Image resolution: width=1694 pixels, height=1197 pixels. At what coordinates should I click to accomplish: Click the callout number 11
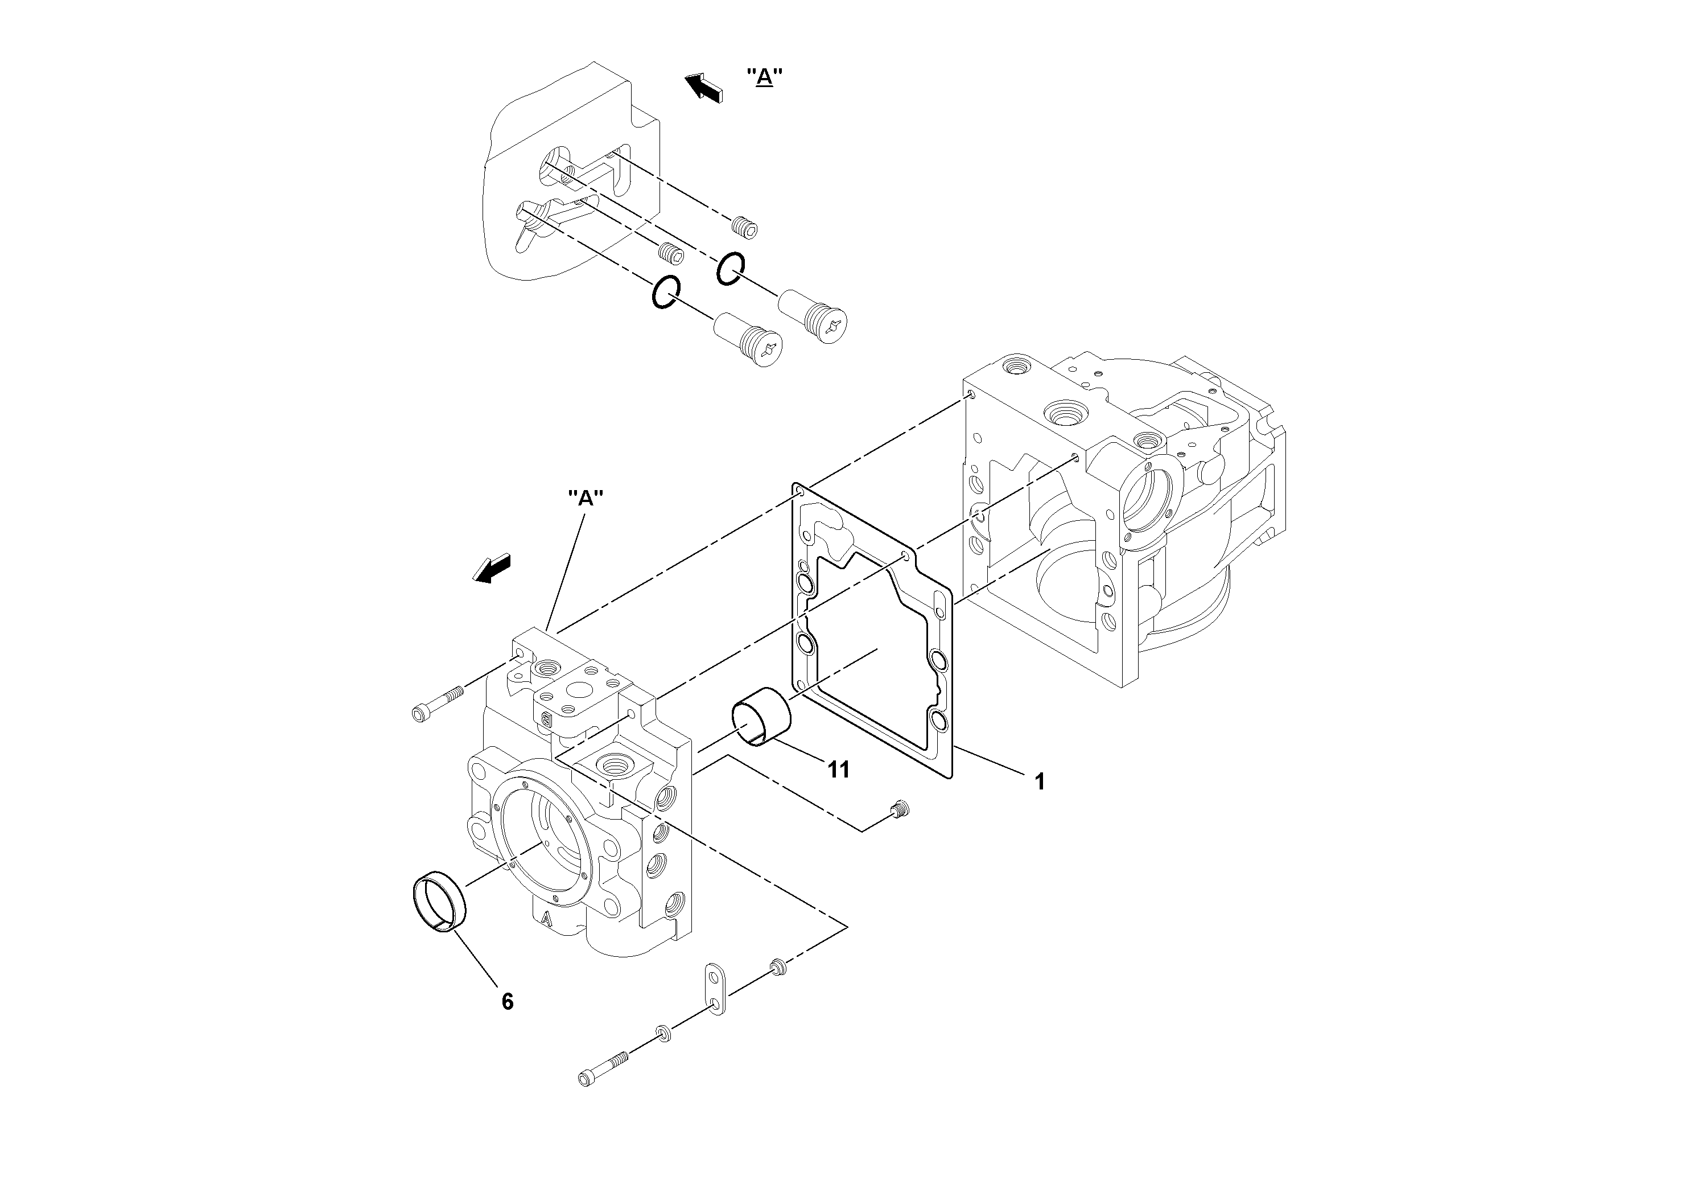pos(838,770)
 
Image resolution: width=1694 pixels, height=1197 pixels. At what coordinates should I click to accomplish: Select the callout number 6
pos(507,1001)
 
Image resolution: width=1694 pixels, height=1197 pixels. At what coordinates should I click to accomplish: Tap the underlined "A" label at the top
pos(764,77)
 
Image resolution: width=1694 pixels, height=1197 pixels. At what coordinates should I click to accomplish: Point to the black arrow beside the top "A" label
pos(703,88)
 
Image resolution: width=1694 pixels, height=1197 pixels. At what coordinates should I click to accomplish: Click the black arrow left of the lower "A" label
pos(492,568)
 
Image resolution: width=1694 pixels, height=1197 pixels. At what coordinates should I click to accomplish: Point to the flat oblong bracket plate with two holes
pos(714,988)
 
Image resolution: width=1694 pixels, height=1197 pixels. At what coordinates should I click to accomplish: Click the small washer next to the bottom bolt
pos(662,1033)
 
